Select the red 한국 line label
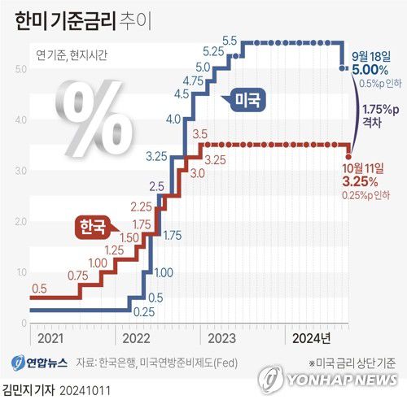(91, 228)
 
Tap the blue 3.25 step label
(158, 154)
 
